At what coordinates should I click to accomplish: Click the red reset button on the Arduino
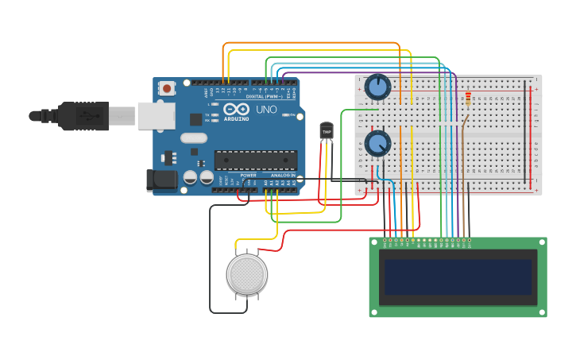pyautogui.click(x=167, y=88)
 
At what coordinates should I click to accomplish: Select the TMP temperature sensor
pyautogui.click(x=326, y=130)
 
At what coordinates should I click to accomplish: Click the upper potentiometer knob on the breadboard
pyautogui.click(x=377, y=87)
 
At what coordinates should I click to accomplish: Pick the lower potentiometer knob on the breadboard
pyautogui.click(x=377, y=144)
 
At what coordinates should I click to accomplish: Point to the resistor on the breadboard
pyautogui.click(x=468, y=99)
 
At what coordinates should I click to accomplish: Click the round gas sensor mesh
pyautogui.click(x=246, y=274)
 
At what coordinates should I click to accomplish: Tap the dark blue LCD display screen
pyautogui.click(x=457, y=277)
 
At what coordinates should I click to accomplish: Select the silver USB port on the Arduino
pyautogui.click(x=156, y=116)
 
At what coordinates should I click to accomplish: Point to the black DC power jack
pyautogui.click(x=163, y=180)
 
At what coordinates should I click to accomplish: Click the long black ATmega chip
pyautogui.click(x=256, y=160)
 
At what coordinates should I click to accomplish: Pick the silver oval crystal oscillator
pyautogui.click(x=193, y=138)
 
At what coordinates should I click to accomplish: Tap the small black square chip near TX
pyautogui.click(x=195, y=119)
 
